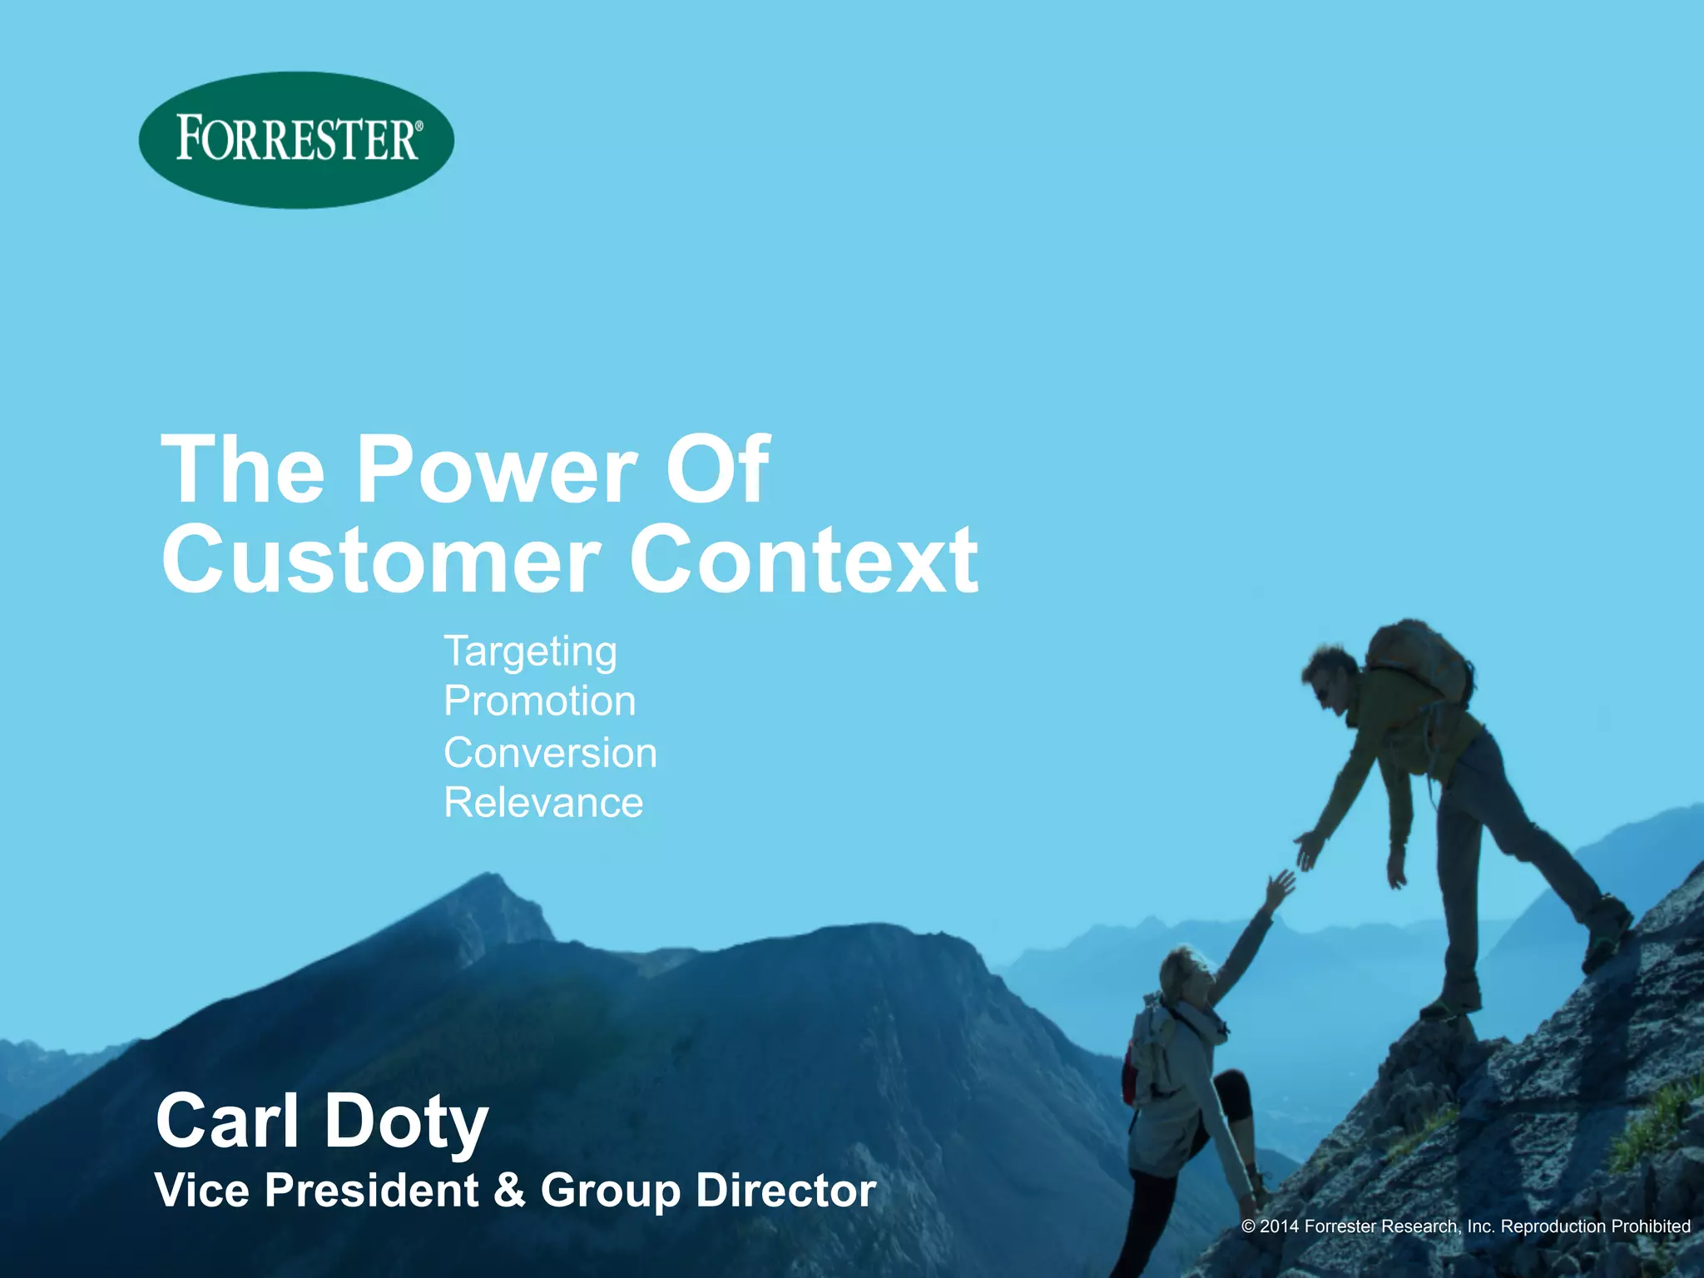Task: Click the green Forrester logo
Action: click(296, 139)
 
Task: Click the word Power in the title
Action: click(497, 470)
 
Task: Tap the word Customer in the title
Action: click(381, 559)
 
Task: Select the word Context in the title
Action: click(804, 559)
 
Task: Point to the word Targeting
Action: click(530, 652)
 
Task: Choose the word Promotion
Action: click(539, 701)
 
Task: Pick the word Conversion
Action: click(550, 753)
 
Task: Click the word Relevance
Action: click(543, 803)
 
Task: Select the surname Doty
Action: click(406, 1122)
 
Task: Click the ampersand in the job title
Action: click(509, 1190)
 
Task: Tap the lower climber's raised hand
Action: click(1280, 889)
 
